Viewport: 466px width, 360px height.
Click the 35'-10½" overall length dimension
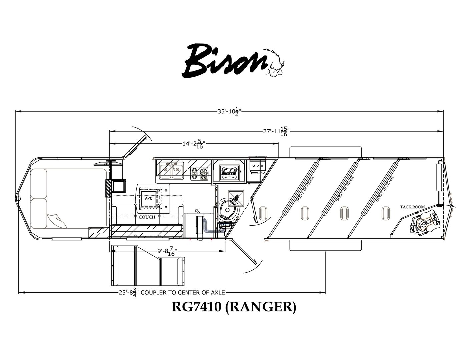(230, 112)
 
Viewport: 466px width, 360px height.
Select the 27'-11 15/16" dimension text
(275, 131)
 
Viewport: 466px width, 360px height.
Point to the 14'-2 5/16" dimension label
(193, 144)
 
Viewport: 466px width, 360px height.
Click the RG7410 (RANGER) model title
(234, 307)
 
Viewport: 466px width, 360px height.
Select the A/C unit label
(149, 198)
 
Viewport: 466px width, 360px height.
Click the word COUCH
(147, 217)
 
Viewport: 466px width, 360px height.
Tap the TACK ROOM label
(412, 207)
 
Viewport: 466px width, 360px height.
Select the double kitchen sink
(171, 171)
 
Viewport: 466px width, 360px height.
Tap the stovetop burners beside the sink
(199, 173)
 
